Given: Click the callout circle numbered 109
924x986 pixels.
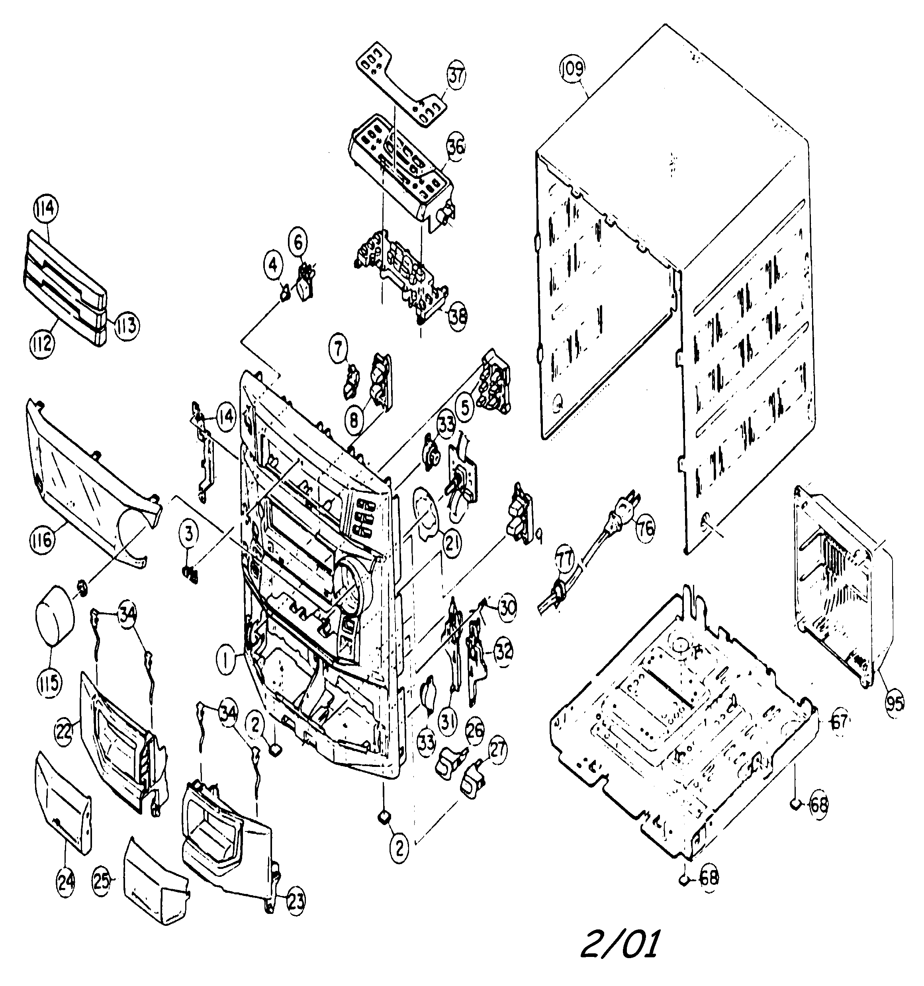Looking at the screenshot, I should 572,69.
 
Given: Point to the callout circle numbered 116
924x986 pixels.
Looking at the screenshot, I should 41,539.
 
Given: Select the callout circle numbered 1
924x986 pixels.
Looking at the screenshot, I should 226,661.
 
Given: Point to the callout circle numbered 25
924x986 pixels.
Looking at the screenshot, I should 102,879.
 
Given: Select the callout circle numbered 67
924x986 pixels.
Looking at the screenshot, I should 839,721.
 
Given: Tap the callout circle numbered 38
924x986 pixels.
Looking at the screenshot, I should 457,316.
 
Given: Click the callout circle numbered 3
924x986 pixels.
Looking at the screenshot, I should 188,534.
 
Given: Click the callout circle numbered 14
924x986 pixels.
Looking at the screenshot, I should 226,418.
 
